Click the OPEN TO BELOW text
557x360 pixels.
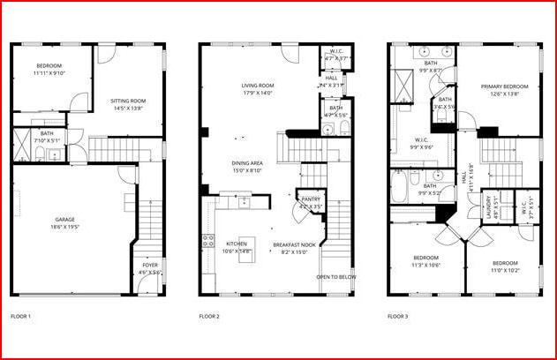[x=336, y=276]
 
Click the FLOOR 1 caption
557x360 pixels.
[x=20, y=316]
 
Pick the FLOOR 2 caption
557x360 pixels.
[x=209, y=316]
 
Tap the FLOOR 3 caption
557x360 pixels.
[x=398, y=316]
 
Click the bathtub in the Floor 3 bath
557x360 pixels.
[x=399, y=185]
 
